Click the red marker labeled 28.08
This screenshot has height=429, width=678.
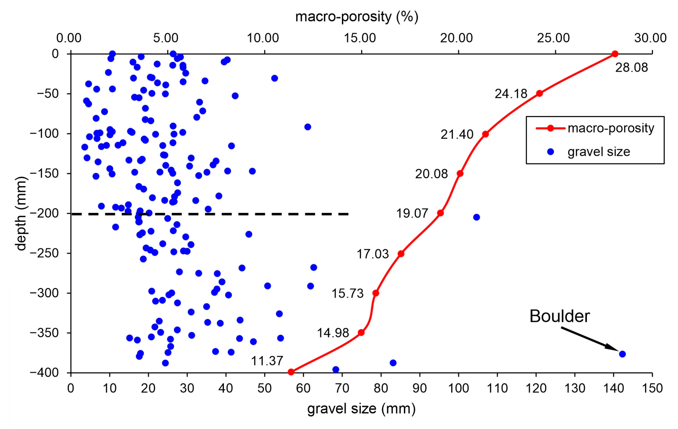point(615,54)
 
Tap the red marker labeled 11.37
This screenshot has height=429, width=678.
point(291,372)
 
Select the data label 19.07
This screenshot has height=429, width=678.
point(412,213)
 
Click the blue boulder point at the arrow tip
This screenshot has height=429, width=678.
point(622,354)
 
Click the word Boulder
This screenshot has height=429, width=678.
point(559,316)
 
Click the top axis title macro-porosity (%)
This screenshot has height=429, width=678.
point(356,17)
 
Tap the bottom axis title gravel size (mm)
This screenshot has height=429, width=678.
point(361,408)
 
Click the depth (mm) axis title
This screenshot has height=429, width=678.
point(21,213)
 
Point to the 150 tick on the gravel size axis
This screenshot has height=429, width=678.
point(652,388)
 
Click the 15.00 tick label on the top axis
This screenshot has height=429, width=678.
point(360,38)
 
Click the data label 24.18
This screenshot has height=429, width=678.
point(511,94)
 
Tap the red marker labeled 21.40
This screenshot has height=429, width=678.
point(485,134)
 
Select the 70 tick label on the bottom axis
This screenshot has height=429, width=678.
point(342,388)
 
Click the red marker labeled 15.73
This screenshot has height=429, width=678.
point(376,293)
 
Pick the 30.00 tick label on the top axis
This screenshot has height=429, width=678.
point(650,38)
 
